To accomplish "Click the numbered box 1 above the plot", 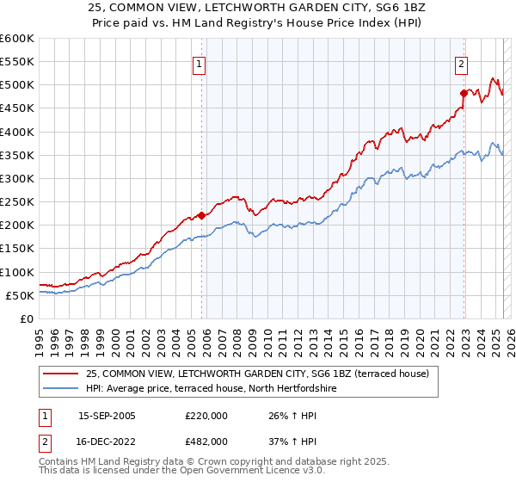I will (199, 63).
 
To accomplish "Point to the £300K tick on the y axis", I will (19, 178).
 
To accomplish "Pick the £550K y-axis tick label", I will (19, 62).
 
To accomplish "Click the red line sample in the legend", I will (62, 374).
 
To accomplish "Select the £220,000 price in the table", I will (206, 416).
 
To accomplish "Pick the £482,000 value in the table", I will (206, 441).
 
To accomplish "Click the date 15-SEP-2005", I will (107, 416).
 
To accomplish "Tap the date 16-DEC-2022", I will (107, 441).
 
